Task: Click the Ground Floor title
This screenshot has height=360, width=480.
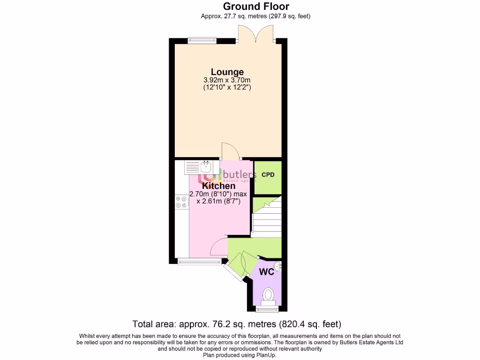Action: [255, 7]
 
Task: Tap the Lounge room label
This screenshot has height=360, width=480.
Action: [227, 72]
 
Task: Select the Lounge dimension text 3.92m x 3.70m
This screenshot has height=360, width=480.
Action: [227, 80]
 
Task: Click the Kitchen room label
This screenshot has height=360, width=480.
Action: [219, 186]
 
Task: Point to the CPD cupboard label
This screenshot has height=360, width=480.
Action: [268, 175]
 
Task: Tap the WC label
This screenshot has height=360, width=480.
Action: [267, 271]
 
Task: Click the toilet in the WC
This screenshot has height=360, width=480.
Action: [268, 295]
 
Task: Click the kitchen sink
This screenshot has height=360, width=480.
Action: [199, 166]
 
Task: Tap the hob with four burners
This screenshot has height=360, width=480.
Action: [181, 202]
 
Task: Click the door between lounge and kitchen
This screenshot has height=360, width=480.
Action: [230, 151]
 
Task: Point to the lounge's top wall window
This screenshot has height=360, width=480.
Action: [202, 41]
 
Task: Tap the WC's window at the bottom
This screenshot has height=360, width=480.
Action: [267, 309]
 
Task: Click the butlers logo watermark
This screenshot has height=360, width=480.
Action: [227, 177]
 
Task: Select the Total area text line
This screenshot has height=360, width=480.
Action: [237, 324]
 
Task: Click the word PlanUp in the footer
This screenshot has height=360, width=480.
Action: [267, 355]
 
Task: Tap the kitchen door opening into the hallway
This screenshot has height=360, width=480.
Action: [217, 244]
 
